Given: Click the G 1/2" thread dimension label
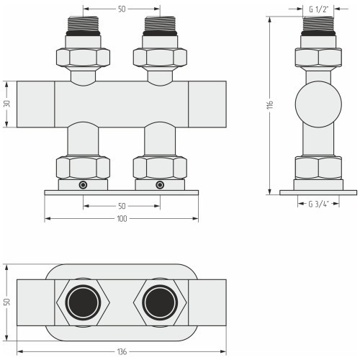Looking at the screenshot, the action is (x=318, y=9).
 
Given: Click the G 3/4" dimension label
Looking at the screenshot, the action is (x=318, y=204).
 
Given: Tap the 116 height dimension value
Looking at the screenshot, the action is (x=270, y=105).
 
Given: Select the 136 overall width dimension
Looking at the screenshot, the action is (x=122, y=352).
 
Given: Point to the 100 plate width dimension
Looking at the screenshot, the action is (x=122, y=219).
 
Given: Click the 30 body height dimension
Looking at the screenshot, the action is (x=7, y=104).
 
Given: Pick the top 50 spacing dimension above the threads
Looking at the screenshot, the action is (x=122, y=9).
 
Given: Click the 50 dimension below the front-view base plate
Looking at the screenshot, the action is (x=122, y=206).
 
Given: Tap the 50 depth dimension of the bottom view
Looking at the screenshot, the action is (x=7, y=302).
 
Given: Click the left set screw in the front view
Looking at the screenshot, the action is (x=83, y=185).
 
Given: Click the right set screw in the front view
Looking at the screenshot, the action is (x=160, y=185).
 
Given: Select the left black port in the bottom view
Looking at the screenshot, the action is (x=83, y=302).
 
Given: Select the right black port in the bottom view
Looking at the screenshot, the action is (x=160, y=302).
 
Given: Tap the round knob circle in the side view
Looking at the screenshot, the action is (x=318, y=104).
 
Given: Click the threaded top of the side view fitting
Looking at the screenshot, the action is (x=318, y=24).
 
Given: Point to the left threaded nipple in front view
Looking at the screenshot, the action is (x=83, y=24).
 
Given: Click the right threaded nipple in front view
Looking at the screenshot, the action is (x=160, y=24).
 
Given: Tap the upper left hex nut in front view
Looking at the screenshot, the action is (x=83, y=58).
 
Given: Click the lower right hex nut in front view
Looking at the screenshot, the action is (x=160, y=168).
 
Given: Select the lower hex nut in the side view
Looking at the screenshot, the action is (x=318, y=168).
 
